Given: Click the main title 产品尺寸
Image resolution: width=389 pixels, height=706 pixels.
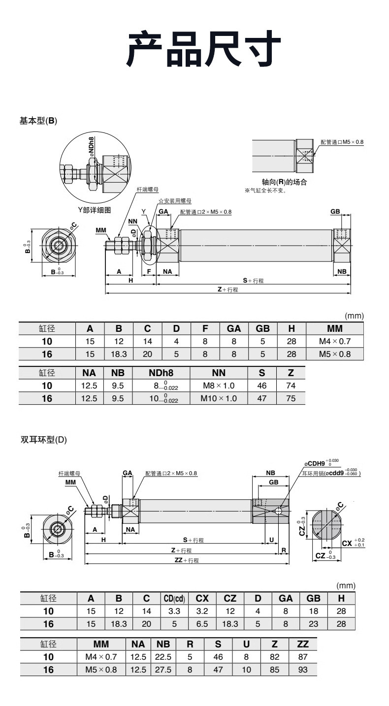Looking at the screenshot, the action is (x=204, y=49).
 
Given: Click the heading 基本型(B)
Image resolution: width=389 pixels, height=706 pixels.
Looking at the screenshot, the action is (x=38, y=121).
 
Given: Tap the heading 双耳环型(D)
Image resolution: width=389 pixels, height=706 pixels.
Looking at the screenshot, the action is (x=44, y=440).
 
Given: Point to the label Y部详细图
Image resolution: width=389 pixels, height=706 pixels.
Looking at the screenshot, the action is (x=95, y=210).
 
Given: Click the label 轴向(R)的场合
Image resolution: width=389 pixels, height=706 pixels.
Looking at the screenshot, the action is (x=284, y=182).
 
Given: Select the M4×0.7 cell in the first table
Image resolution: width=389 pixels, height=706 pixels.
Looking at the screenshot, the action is (x=335, y=341).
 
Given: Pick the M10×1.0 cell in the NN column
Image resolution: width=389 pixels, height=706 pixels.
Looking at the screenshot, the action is (x=219, y=398).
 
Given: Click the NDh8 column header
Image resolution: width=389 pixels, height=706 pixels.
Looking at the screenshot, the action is (x=161, y=373).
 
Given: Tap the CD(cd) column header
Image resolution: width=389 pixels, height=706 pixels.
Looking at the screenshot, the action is (x=174, y=598).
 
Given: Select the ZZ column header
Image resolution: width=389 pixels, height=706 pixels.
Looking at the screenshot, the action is (x=303, y=644).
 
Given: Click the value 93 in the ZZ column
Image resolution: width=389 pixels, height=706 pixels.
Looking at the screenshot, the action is (x=303, y=670).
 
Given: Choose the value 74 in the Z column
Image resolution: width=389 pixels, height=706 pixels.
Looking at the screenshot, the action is (x=291, y=385).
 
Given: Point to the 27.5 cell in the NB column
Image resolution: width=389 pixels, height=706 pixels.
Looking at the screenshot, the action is (x=163, y=670).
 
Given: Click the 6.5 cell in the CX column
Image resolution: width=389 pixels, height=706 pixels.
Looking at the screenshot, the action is (x=202, y=624).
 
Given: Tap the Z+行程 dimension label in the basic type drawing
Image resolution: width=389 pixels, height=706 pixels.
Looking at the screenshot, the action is (x=228, y=289).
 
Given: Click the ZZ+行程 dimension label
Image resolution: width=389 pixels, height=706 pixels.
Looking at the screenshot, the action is (x=187, y=560).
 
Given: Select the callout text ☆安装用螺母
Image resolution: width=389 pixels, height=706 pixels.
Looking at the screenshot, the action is (x=175, y=201).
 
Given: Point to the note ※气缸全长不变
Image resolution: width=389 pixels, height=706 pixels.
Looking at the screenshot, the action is (x=265, y=191).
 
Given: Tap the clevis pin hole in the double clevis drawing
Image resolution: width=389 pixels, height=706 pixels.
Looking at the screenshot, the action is (x=279, y=511).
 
